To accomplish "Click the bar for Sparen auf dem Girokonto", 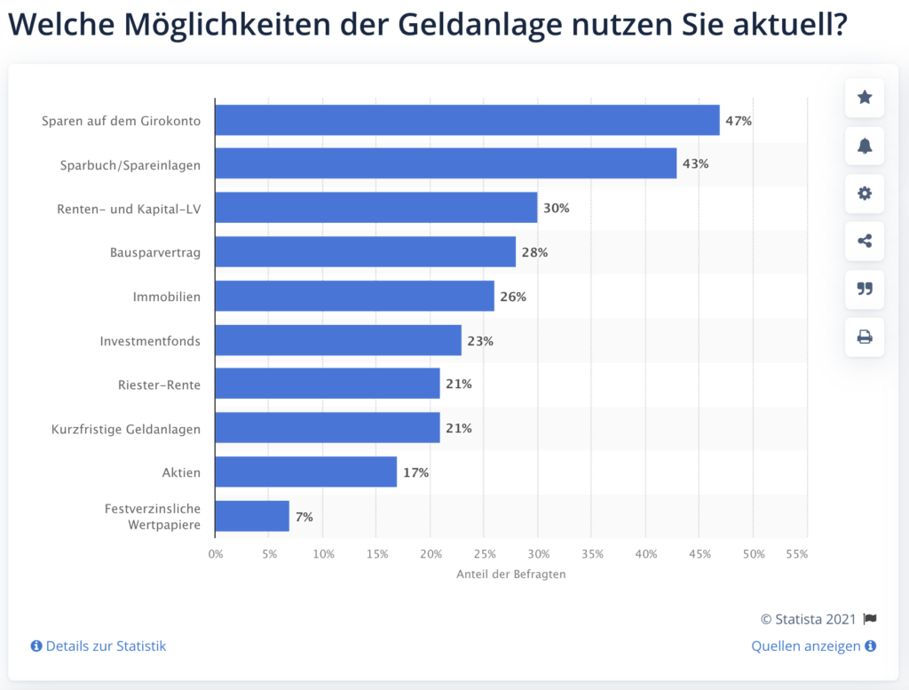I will (467, 120).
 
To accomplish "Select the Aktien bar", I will (305, 472).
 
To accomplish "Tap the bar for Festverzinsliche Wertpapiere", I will (252, 516).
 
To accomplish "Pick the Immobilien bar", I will (354, 296).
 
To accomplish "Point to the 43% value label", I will (695, 164).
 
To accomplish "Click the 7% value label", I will (304, 517).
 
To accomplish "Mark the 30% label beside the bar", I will (557, 208).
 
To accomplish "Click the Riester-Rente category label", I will (159, 385).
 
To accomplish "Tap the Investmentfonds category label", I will (150, 340).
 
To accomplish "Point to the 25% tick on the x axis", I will (484, 554).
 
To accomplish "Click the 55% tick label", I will (797, 554).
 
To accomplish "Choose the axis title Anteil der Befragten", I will (510, 574).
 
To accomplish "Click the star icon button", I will (865, 97).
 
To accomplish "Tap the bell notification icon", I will (865, 146).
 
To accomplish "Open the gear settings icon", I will (865, 194).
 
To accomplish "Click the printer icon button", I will (865, 337).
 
